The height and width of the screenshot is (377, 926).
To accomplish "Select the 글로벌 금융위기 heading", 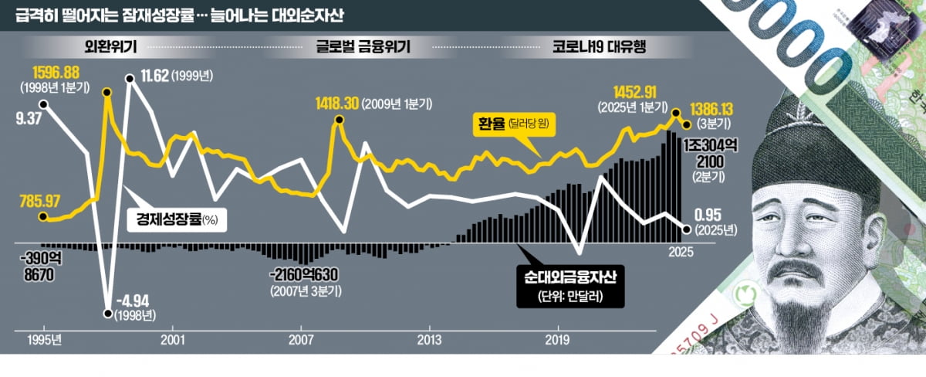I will click(x=362, y=46).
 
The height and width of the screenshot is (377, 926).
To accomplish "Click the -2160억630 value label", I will click(x=306, y=277).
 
